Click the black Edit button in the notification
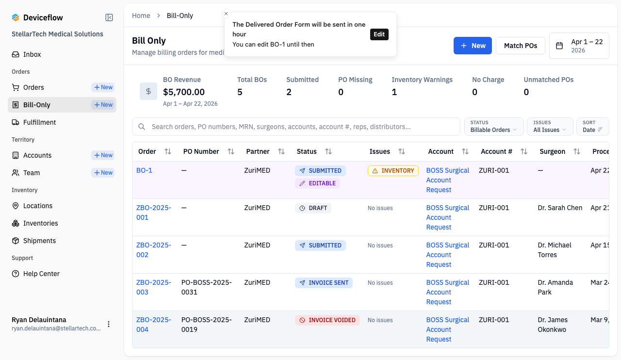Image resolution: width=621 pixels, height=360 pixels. (379, 34)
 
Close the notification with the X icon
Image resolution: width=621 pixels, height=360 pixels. (226, 14)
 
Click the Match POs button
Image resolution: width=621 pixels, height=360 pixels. (521, 46)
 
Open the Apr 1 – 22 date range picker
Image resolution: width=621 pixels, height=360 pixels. (579, 46)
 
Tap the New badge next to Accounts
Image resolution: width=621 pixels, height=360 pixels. (103, 155)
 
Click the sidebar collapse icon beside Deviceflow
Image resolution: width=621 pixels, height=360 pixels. (109, 17)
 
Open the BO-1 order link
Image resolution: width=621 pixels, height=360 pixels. (144, 170)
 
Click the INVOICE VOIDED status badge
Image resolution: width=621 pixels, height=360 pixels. (327, 320)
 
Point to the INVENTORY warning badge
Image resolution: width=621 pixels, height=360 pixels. (393, 171)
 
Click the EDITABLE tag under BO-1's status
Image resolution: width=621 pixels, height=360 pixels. (317, 183)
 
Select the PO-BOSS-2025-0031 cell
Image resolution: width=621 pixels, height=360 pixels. (207, 287)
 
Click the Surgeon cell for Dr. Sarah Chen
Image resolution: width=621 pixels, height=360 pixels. (560, 208)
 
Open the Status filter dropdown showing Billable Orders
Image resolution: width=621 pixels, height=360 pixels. (494, 127)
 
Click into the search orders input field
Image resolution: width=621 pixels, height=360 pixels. (296, 127)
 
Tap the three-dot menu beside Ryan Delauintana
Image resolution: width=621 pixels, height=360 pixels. (109, 324)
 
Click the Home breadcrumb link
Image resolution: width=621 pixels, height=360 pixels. (141, 16)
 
